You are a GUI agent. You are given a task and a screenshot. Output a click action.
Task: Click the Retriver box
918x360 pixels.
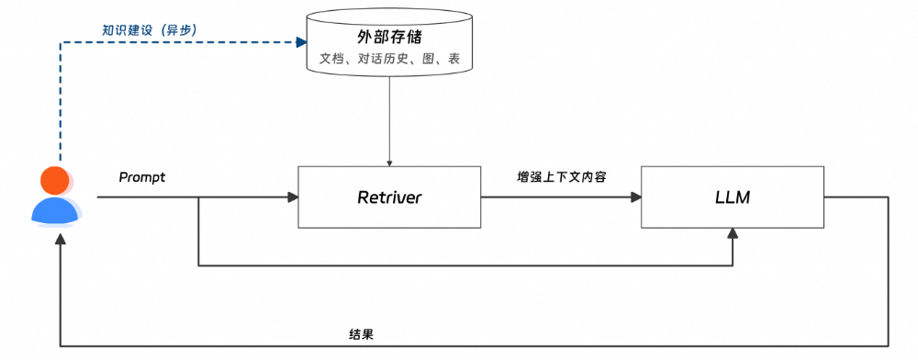(388, 197)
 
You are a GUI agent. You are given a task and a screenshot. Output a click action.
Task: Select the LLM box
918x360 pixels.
(732, 197)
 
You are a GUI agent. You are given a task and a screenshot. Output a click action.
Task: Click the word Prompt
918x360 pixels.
(141, 177)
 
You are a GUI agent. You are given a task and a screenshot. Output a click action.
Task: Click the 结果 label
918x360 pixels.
(361, 334)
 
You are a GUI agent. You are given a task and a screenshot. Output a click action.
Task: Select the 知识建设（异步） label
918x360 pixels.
(149, 29)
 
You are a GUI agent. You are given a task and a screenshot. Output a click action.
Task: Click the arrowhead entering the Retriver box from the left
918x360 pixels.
(293, 197)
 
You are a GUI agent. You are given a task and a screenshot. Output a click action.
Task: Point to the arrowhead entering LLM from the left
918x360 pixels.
(634, 197)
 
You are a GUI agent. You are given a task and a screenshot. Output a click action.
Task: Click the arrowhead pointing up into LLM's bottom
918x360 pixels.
(732, 234)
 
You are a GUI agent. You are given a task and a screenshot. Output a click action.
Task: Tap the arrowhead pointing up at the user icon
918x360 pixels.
(61, 237)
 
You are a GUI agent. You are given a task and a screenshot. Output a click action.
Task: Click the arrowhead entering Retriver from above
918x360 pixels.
(389, 161)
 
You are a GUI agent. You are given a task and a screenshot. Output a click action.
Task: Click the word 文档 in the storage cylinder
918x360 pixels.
(330, 60)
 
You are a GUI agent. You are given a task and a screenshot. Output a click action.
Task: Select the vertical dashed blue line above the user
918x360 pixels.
(61, 101)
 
